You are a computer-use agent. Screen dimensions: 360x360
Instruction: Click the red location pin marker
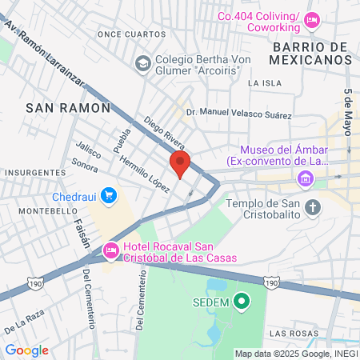coord(180,166)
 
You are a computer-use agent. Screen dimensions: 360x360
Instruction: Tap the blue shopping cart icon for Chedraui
coord(110,195)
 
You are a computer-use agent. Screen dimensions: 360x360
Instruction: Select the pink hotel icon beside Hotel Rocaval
coord(112,251)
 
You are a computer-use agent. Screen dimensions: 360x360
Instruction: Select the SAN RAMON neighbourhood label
coord(56,106)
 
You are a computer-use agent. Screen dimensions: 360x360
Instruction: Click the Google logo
coord(27,350)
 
